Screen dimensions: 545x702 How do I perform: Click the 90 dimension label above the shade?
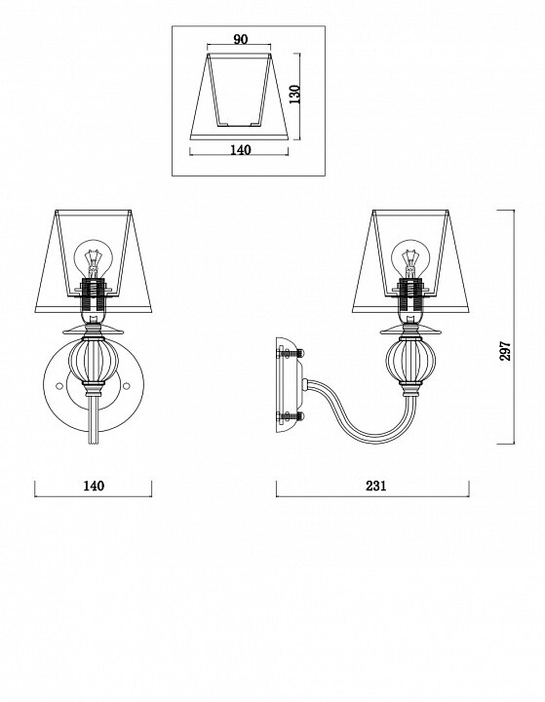[x=241, y=39]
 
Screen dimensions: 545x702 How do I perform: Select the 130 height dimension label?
[x=294, y=95]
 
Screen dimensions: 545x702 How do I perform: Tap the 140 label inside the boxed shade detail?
[x=241, y=150]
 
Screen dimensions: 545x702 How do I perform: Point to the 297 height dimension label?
[x=505, y=351]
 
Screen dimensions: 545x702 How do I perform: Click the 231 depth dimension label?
[x=375, y=486]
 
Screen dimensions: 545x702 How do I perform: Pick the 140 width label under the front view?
[x=94, y=486]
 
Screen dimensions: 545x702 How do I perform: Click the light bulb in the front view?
[x=93, y=259]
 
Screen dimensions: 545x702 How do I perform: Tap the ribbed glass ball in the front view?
[x=94, y=360]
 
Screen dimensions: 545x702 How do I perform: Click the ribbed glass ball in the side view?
[x=410, y=360]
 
